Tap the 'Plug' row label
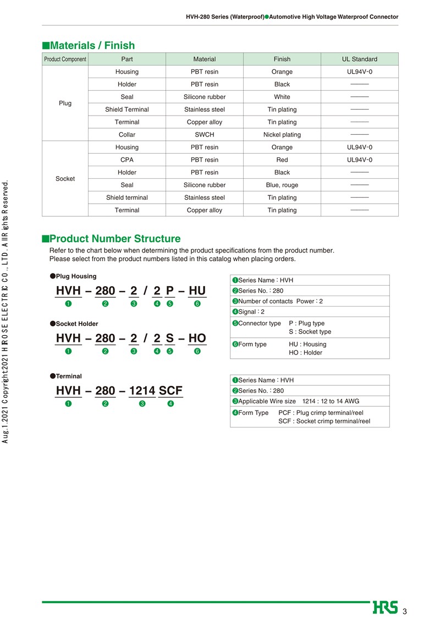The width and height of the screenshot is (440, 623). pyautogui.click(x=65, y=103)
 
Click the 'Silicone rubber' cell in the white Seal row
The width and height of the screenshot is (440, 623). pyautogui.click(x=205, y=97)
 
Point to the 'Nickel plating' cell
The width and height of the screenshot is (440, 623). pyautogui.click(x=282, y=135)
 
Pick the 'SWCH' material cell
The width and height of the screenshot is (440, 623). pyautogui.click(x=205, y=135)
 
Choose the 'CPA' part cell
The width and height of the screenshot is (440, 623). pyautogui.click(x=127, y=160)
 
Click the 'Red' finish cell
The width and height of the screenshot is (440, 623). pyautogui.click(x=282, y=160)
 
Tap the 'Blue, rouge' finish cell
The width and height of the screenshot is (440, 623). pyautogui.click(x=282, y=185)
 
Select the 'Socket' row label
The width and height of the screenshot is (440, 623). pyautogui.click(x=65, y=179)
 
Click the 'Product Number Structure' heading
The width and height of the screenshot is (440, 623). pyautogui.click(x=114, y=239)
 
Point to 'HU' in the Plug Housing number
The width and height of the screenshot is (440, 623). pyautogui.click(x=197, y=291)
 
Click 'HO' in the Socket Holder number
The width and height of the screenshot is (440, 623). pyautogui.click(x=197, y=338)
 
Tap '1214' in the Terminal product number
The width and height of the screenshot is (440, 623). pyautogui.click(x=142, y=391)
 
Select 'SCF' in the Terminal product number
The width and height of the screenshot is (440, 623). pyautogui.click(x=170, y=391)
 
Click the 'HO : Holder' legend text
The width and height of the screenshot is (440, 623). pyautogui.click(x=306, y=353)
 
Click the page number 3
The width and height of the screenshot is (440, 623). pyautogui.click(x=405, y=612)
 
